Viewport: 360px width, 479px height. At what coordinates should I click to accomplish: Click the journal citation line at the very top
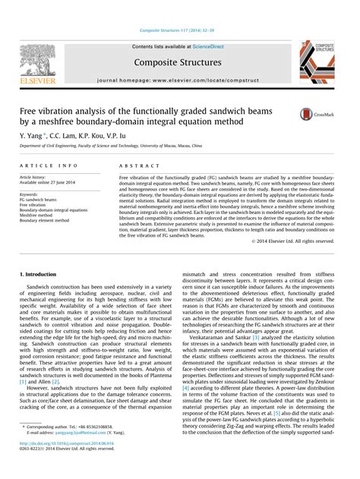[x=180, y=30]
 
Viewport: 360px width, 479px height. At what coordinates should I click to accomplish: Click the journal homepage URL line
[x=180, y=80]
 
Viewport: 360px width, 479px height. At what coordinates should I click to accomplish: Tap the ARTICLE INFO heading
[x=49, y=165]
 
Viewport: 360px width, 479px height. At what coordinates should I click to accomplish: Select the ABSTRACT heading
[x=134, y=165]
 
